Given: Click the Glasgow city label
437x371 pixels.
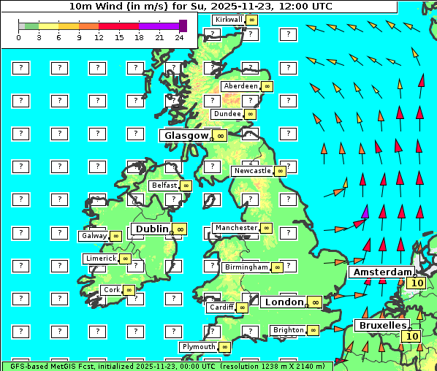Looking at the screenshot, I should coord(186,135).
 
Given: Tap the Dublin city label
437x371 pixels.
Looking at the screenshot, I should coord(151,229).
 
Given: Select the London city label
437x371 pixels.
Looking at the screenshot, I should coord(284,302).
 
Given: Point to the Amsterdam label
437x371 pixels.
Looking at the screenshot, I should coord(381,272).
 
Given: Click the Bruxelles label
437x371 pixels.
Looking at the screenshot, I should coord(381,324).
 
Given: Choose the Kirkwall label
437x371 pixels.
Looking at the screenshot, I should coord(228,19).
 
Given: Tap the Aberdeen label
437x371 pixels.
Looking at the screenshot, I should coord(241,86).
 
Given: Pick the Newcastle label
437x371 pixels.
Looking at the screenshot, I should coord(251,171).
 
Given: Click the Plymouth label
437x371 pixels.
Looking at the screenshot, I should coord(199,346).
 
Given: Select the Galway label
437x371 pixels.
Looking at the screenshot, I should coord(94,236).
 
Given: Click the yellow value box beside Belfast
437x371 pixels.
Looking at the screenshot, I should coord(186,185).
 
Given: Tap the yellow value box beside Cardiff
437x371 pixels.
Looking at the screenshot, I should coord(242,307).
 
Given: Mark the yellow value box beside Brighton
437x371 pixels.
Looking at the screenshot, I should coord(313,330).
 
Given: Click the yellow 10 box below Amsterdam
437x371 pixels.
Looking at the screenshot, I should coord(417,283).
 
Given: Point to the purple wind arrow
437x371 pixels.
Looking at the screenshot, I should coord(365,212).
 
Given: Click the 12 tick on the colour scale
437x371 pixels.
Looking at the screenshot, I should coord(99,37).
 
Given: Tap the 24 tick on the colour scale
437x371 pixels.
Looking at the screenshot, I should coord(179,37).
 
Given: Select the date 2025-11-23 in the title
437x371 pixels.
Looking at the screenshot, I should coord(235,7).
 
